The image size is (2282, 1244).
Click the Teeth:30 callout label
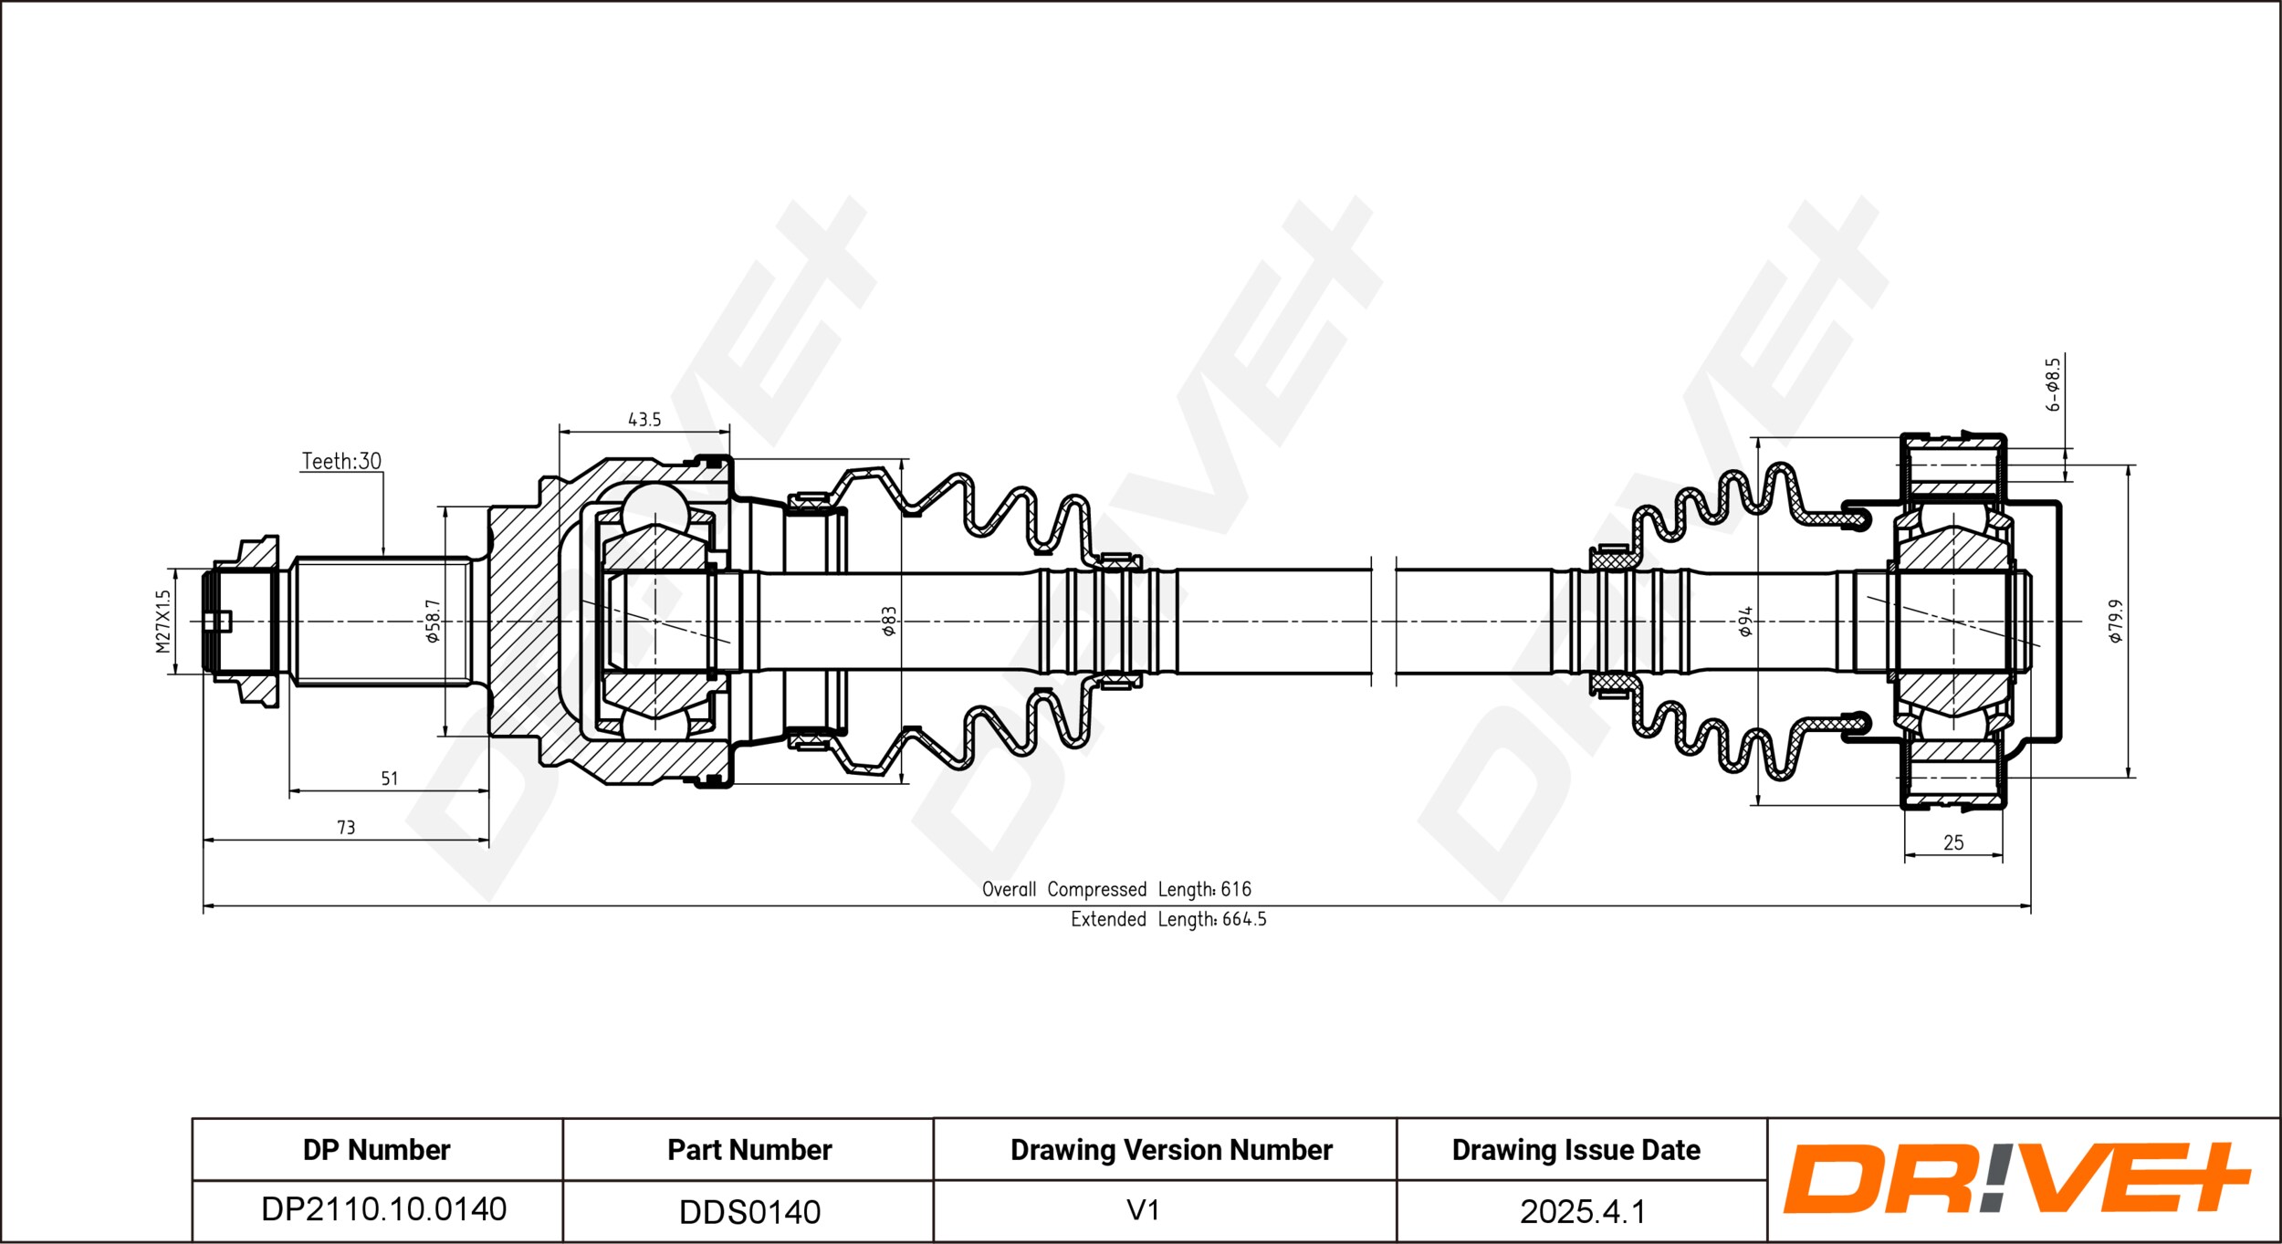(x=341, y=462)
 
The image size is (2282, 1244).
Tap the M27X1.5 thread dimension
(x=163, y=622)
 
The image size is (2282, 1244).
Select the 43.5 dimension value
(x=644, y=420)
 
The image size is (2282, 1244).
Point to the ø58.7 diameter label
(x=433, y=622)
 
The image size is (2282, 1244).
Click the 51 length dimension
(x=390, y=779)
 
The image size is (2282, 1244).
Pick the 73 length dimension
(x=346, y=828)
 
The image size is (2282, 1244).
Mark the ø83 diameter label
(x=888, y=622)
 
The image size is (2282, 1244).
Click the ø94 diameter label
(x=1745, y=622)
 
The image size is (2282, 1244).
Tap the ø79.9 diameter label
(x=2117, y=622)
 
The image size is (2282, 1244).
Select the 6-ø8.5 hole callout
(x=2053, y=384)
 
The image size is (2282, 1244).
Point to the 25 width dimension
(x=1953, y=843)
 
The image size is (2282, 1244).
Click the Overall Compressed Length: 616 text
(x=1116, y=889)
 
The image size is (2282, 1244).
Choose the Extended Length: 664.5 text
(x=1168, y=919)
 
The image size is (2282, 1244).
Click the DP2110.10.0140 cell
(x=383, y=1209)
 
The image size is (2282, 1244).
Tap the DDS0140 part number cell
(x=749, y=1212)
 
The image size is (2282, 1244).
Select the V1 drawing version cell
(x=1143, y=1210)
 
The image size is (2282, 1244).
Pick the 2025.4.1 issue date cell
(x=1582, y=1212)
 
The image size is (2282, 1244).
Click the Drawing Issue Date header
(x=1575, y=1150)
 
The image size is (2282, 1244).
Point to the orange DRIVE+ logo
(x=2016, y=1178)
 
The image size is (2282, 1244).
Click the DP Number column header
(x=376, y=1150)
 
